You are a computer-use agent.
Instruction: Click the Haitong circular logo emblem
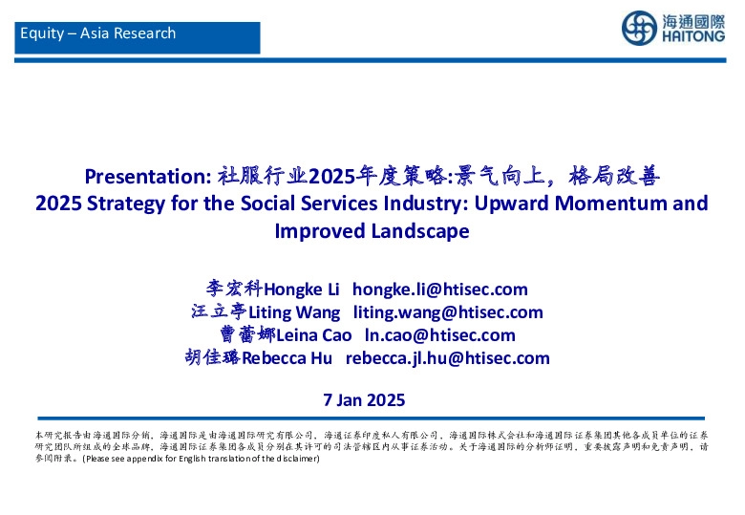pos(639,28)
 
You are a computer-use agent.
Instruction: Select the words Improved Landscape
pos(372,231)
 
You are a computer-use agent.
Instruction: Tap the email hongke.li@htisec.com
pos(439,290)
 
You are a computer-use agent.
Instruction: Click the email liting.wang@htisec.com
pos(448,312)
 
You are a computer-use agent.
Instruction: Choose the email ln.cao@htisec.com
pos(439,335)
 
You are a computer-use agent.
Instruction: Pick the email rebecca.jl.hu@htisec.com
pos(447,358)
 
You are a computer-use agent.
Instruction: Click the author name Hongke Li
pos(303,290)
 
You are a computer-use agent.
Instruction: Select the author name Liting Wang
pos(293,312)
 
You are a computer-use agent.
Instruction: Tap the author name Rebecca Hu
pos(287,358)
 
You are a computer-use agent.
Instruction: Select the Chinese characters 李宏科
pos(234,289)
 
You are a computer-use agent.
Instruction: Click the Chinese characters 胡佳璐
pos(212,358)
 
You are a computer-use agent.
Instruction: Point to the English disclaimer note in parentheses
pos(200,459)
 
